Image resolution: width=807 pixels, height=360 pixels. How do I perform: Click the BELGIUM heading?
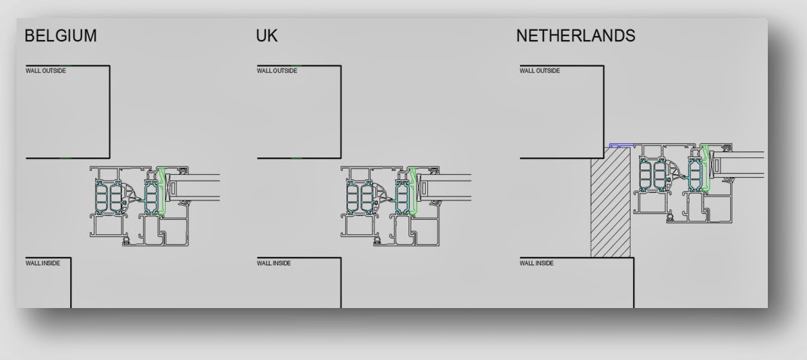[61, 37]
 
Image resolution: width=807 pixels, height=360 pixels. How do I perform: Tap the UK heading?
[267, 37]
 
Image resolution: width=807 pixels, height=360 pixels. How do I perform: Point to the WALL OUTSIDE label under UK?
[277, 71]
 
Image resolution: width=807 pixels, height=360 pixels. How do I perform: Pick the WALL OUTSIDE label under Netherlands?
[540, 71]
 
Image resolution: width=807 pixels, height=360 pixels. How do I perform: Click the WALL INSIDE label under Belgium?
[43, 263]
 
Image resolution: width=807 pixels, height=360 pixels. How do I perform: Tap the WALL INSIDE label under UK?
[274, 263]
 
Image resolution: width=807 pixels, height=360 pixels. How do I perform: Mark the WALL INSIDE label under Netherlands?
[537, 263]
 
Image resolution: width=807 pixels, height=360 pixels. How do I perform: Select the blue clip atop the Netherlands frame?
[622, 146]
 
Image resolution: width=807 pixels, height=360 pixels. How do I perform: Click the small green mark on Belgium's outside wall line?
[66, 158]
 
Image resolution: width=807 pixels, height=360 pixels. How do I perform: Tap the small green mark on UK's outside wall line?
[296, 158]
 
